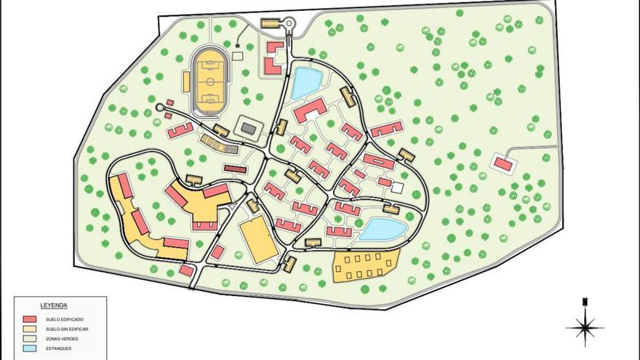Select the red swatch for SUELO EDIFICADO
(30, 319)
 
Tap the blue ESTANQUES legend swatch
(30, 348)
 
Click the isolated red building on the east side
(503, 164)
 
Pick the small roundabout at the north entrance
(289, 24)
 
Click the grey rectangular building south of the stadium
(249, 128)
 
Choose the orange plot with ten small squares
(366, 265)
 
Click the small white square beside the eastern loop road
(397, 188)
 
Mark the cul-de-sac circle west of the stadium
(159, 108)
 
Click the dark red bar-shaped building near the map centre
(235, 169)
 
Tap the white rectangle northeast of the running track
(238, 55)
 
